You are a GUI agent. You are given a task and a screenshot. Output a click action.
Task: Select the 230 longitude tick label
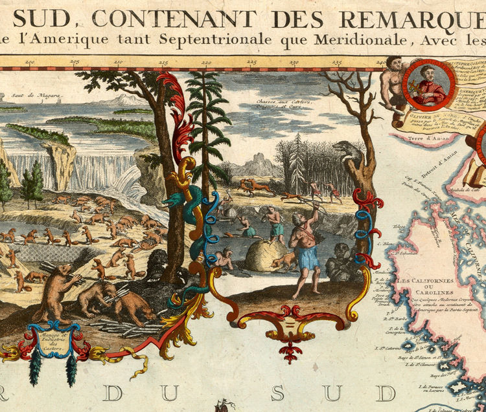[x=294, y=63]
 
